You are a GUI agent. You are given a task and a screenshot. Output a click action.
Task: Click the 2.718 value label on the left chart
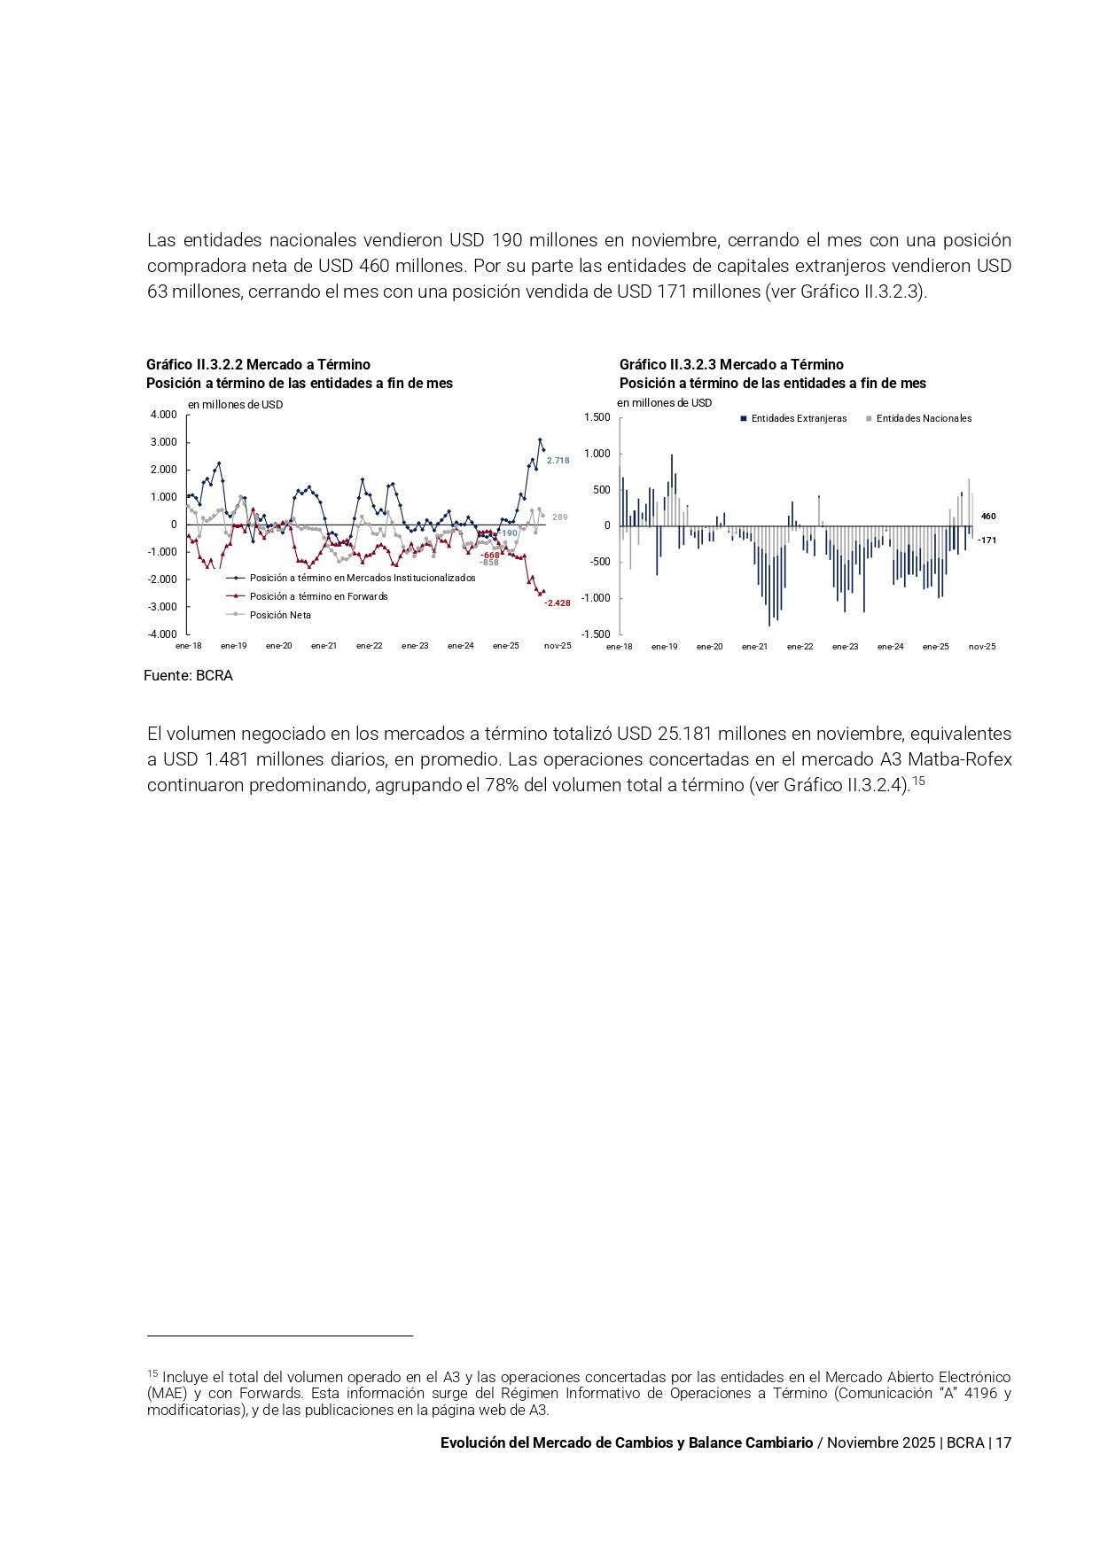558,461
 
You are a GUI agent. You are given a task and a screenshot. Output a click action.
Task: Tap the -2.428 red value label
557,603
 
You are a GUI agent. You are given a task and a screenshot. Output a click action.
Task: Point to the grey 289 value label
559,517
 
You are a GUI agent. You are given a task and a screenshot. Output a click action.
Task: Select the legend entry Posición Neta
280,615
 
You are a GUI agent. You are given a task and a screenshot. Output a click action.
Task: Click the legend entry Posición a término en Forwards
318,596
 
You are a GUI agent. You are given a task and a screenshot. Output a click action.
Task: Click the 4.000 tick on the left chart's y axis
164,415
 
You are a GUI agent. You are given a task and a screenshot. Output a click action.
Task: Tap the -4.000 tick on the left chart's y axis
162,634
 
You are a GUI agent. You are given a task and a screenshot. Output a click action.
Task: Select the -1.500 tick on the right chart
596,634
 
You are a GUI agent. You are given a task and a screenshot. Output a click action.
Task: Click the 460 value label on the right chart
988,517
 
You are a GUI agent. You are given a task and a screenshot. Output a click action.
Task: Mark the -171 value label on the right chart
987,540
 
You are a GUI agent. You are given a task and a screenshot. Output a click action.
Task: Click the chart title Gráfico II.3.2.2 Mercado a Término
258,364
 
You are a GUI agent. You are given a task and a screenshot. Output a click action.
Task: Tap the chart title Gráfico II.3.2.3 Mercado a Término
731,364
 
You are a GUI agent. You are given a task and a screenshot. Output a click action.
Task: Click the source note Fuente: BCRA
188,676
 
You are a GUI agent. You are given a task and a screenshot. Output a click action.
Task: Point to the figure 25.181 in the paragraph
685,734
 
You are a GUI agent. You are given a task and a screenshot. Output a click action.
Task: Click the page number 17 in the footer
1003,1442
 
